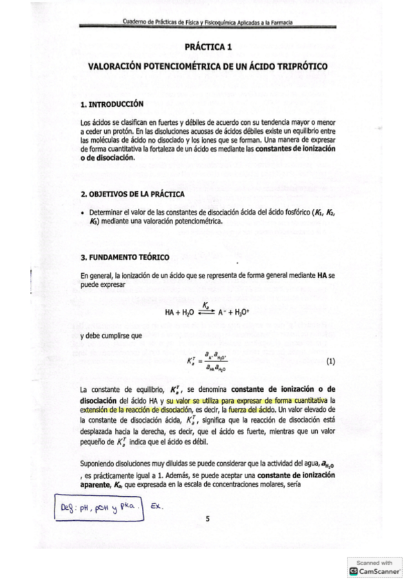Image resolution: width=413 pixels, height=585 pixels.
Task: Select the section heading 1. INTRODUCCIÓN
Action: point(112,104)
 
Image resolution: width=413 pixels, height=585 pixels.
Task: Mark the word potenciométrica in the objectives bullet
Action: point(197,222)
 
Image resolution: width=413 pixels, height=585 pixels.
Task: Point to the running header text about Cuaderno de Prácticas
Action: point(206,23)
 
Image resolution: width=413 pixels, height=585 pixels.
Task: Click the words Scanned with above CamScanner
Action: point(375,562)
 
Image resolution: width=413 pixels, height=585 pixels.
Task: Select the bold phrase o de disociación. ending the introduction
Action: point(114,157)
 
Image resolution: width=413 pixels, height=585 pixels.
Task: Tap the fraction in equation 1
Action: point(216,361)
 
